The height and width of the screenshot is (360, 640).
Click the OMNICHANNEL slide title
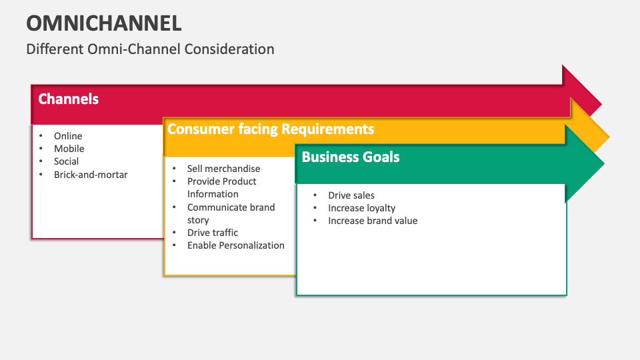pyautogui.click(x=104, y=23)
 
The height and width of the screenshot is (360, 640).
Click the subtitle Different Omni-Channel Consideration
pyautogui.click(x=150, y=49)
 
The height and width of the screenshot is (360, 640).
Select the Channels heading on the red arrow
pyautogui.click(x=69, y=99)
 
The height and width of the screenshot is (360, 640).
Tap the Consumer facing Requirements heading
pyautogui.click(x=271, y=129)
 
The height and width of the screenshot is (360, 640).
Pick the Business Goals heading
pyautogui.click(x=351, y=157)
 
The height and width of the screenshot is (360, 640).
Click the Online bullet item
pyautogui.click(x=68, y=136)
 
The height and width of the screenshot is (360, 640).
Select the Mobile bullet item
pyautogui.click(x=69, y=149)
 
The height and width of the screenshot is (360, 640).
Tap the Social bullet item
pyautogui.click(x=67, y=161)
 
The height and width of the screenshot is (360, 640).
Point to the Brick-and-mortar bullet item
pyautogui.click(x=91, y=175)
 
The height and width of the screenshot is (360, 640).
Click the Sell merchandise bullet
pyautogui.click(x=223, y=169)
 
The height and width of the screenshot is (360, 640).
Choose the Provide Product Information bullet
pyautogui.click(x=221, y=187)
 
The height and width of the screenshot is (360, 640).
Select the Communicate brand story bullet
pyautogui.click(x=231, y=213)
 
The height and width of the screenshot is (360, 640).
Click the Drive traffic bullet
pyautogui.click(x=212, y=233)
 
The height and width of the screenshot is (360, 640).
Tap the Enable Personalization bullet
pyautogui.click(x=235, y=245)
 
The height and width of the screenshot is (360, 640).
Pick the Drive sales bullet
pyautogui.click(x=351, y=195)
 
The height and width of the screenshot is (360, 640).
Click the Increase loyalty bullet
pyautogui.click(x=361, y=208)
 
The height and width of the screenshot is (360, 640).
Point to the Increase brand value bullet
pyautogui.click(x=373, y=221)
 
